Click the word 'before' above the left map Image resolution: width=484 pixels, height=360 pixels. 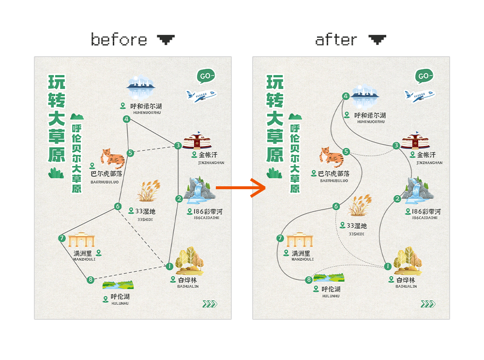coord(119,39)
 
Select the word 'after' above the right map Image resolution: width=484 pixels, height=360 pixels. coord(336,39)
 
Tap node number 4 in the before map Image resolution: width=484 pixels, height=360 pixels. coord(127,119)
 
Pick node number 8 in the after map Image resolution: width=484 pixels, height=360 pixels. coord(309,279)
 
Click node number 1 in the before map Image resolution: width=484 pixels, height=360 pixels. coord(169,266)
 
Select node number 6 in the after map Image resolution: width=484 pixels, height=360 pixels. coord(336,207)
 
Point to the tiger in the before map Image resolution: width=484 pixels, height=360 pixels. coord(112,157)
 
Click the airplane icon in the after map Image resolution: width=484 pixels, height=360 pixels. coord(418,95)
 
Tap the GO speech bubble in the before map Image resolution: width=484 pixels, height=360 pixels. coord(206,76)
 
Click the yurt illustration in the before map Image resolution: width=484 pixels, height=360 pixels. coord(197,142)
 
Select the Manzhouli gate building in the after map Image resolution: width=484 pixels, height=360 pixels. coord(301,241)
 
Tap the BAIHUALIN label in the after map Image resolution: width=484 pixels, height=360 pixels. coord(406,286)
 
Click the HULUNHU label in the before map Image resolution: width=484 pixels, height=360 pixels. coord(121,303)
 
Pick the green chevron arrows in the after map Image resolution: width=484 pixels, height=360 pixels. coord(428,304)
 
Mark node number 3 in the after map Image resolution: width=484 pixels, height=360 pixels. coord(396,145)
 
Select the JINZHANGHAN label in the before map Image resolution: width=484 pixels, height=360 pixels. coord(211,163)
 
